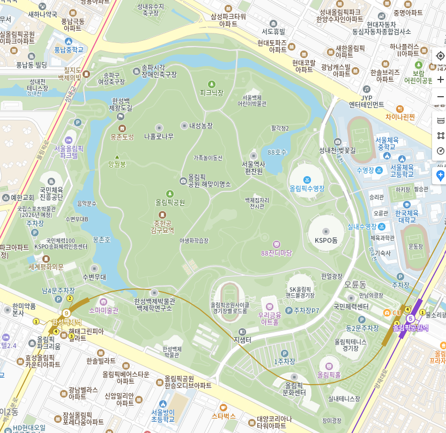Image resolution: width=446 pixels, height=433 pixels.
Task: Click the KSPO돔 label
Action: pos(325,240)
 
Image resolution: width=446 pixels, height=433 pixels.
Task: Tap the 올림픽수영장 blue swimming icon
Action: pos(307,179)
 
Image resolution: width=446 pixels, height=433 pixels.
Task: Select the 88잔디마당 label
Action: pos(276,252)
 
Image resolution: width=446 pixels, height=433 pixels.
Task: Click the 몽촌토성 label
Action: pos(122,137)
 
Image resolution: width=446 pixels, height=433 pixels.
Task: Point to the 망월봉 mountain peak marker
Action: pos(117,157)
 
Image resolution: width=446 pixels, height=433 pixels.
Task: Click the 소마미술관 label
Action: pos(103,310)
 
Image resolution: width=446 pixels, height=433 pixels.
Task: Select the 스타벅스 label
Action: pos(224,415)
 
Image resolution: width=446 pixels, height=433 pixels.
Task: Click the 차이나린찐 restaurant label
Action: pos(400,117)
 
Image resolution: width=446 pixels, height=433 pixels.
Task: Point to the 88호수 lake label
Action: pos(277,152)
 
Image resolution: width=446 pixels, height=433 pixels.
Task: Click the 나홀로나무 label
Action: pos(159,136)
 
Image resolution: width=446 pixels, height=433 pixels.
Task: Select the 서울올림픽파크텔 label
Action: pos(69,151)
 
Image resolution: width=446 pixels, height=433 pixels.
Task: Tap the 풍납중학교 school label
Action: pos(69,49)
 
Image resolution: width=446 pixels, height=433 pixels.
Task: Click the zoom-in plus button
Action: pos(440,80)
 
